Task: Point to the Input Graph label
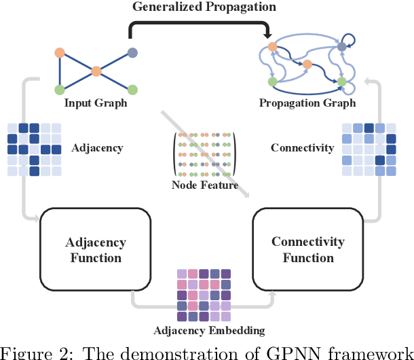(96, 103)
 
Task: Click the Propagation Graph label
(307, 103)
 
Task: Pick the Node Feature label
(205, 185)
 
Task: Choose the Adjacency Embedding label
(209, 331)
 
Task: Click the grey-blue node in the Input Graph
(133, 52)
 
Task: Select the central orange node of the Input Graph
(96, 71)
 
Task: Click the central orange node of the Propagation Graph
(307, 65)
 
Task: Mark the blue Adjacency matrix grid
(34, 149)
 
